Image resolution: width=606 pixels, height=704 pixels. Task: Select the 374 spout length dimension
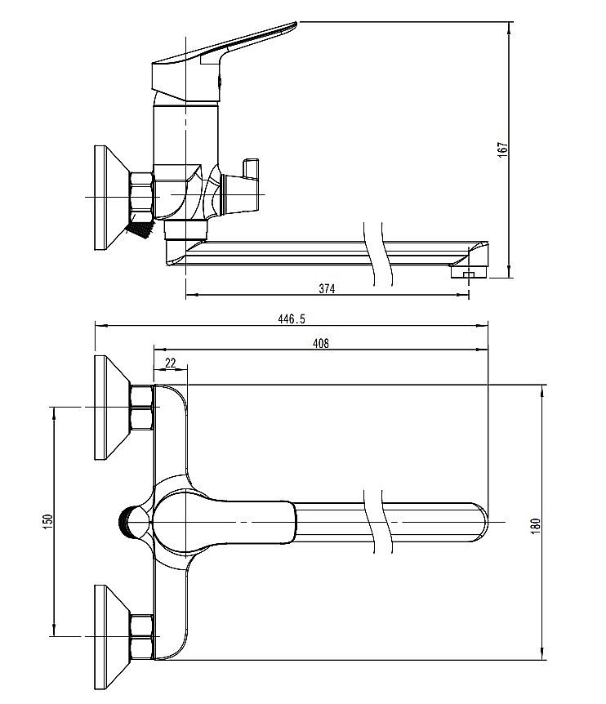point(328,288)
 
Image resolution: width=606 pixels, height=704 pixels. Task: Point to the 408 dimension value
point(321,344)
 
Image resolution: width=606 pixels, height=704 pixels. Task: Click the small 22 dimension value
point(171,363)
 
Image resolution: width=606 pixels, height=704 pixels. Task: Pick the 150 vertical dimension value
point(47,519)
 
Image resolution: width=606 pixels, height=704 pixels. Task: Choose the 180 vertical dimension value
point(536,525)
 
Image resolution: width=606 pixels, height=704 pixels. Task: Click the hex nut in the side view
point(142,197)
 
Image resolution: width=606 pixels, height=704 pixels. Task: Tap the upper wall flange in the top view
point(110,407)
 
